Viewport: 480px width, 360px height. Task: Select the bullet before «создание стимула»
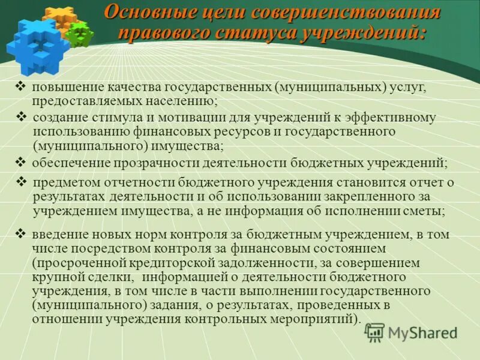[x=23, y=115]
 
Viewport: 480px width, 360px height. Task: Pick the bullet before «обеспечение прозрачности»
[x=20, y=161]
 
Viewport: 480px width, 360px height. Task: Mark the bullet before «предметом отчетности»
[x=23, y=181]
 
